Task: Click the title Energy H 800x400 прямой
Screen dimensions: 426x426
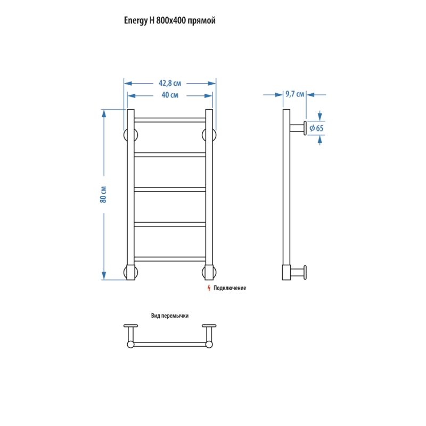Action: [169, 21]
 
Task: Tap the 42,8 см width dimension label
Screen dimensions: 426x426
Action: [170, 83]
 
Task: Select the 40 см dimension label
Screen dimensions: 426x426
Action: [170, 95]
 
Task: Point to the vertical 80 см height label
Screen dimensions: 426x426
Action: [103, 194]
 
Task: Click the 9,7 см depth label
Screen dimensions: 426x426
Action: [294, 94]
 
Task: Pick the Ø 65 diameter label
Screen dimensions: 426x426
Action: [316, 128]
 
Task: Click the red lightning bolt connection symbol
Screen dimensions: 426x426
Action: [209, 288]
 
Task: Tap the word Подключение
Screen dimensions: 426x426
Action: [230, 288]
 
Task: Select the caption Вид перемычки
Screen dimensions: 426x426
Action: [170, 316]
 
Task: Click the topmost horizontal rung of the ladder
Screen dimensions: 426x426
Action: [170, 120]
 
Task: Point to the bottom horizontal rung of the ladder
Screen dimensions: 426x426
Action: [170, 259]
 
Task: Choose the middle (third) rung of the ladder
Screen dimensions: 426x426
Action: [170, 190]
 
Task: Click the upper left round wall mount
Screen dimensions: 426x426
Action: [130, 135]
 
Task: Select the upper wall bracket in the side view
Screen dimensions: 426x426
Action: [298, 128]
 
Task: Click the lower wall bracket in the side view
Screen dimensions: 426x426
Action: [298, 272]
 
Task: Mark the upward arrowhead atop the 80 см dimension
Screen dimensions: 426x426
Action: [104, 113]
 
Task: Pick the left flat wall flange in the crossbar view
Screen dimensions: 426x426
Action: [130, 326]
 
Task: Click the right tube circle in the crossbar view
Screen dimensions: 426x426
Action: [209, 345]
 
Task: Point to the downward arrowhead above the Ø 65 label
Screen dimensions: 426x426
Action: [320, 117]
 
